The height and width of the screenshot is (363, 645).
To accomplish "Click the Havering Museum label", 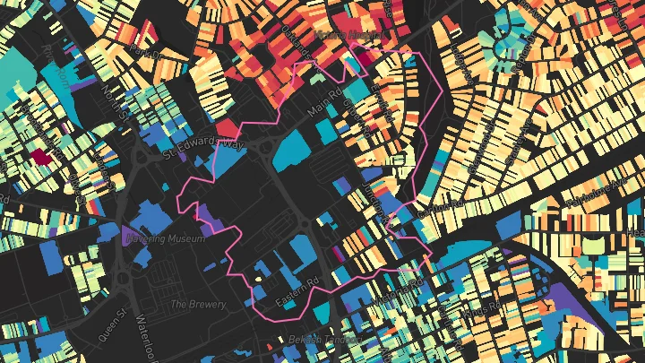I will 167,239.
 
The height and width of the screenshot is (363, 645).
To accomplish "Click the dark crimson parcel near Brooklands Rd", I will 40,157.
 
